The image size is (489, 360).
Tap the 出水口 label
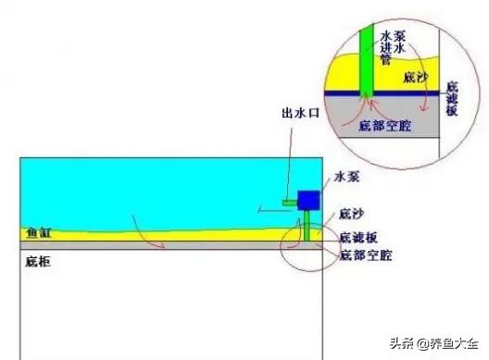(x=298, y=113)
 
